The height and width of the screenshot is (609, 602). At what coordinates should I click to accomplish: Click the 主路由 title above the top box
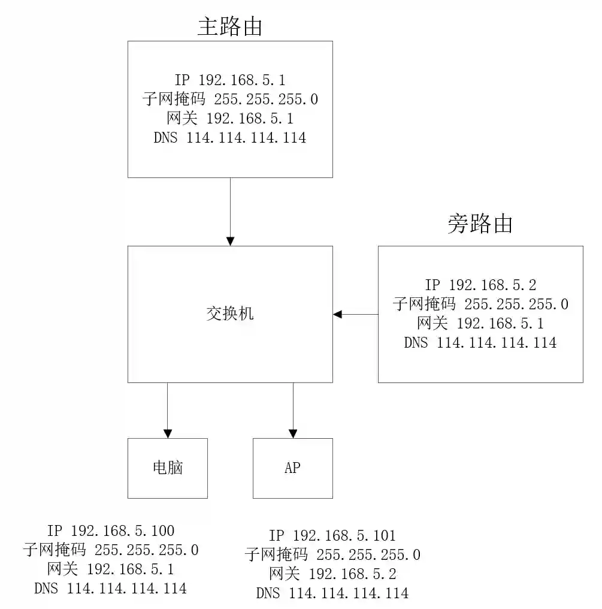click(x=230, y=27)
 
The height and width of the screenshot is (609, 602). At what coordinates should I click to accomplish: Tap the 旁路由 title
click(x=480, y=224)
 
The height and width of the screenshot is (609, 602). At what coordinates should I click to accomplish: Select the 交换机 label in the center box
click(x=230, y=314)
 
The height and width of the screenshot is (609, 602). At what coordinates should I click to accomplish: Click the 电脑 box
click(x=168, y=468)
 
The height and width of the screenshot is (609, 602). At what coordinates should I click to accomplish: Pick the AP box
click(x=293, y=468)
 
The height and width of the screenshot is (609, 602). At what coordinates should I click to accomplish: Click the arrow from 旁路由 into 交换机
click(x=356, y=314)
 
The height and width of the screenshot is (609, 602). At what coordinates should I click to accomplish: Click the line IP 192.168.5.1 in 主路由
click(x=230, y=80)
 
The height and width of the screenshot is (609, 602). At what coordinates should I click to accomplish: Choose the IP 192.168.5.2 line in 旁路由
click(x=480, y=285)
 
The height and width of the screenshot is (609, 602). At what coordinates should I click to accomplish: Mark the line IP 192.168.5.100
click(x=111, y=530)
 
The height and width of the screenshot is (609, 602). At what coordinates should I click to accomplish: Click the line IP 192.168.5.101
click(x=332, y=535)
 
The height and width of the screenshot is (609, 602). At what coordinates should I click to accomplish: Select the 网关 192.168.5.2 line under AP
click(x=332, y=574)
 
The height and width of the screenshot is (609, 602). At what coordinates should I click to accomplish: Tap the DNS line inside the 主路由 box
click(x=230, y=138)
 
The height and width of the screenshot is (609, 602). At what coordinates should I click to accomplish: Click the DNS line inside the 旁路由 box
click(x=480, y=343)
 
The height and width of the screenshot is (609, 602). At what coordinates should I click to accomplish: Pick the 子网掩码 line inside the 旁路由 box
click(x=480, y=304)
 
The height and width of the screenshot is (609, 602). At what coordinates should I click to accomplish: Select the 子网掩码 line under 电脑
click(x=111, y=550)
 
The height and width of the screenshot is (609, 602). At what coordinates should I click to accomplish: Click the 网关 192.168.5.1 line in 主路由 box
click(x=230, y=119)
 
